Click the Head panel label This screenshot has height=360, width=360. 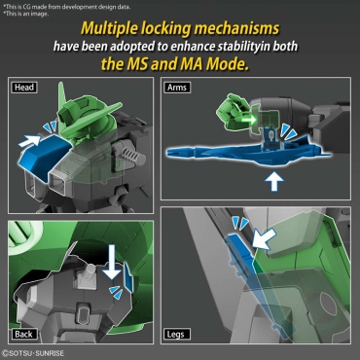pos(24,88)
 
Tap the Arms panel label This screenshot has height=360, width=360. pos(177,88)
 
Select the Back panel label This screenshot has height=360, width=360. pos(23,334)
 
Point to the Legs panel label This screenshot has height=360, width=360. pos(176,334)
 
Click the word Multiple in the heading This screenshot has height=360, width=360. pos(109,29)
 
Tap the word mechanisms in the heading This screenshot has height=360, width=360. pos(236,28)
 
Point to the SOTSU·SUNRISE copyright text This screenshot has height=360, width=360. pos(33,353)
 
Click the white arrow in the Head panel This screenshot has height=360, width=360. pos(29,141)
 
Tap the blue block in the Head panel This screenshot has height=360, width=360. pos(44,157)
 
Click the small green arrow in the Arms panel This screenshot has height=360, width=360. pos(249,120)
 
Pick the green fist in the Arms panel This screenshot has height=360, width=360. pos(233,110)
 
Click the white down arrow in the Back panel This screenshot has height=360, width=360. pos(112,262)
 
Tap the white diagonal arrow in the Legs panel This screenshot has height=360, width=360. pos(265,238)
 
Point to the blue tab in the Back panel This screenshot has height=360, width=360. pos(128,276)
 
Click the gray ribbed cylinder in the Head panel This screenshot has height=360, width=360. pos(130,155)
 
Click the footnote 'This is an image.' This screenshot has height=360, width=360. pos(25,14)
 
